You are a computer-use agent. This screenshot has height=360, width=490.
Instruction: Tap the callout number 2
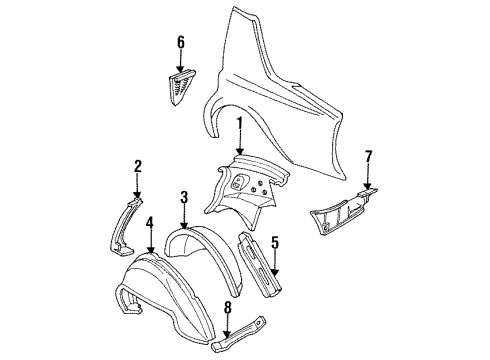pos(139,166)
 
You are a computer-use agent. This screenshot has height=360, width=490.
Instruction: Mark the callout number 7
pos(368,156)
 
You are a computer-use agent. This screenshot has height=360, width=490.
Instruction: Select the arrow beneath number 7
pos(368,177)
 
